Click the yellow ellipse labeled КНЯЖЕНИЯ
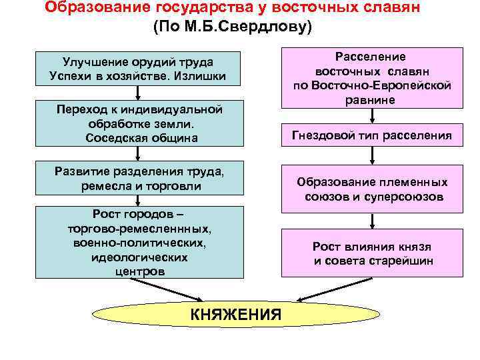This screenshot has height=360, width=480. [x=236, y=314]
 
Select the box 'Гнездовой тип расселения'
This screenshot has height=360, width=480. [x=371, y=136]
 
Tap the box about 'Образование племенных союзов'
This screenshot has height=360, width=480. [x=371, y=189]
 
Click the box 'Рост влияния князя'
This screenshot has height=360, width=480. [x=371, y=253]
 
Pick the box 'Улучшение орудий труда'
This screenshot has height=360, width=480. [x=137, y=69]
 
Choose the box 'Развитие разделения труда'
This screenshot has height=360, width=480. [x=139, y=178]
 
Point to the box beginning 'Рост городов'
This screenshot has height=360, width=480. [x=139, y=242]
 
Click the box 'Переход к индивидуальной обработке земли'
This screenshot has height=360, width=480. [x=139, y=123]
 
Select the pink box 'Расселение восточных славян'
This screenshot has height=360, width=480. [x=372, y=77]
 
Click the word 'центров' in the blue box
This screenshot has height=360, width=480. [x=139, y=271]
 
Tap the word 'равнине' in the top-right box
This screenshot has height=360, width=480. [x=372, y=99]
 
